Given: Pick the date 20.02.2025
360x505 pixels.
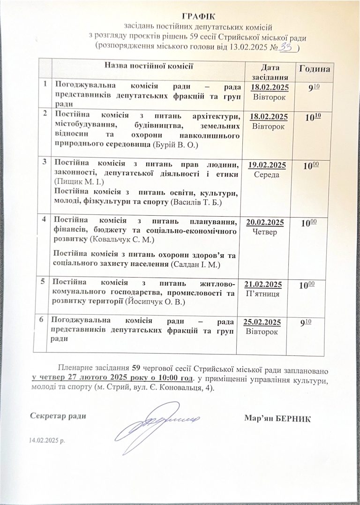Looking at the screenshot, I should click(265, 222).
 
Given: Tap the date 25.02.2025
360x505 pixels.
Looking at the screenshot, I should click(263, 322).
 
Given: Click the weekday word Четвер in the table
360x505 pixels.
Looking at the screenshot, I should click(265, 232).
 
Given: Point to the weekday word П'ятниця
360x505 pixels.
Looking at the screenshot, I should click(263, 294).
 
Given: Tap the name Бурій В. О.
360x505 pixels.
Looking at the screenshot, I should click(177, 145).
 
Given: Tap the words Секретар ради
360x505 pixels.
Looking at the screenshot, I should click(58, 415).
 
